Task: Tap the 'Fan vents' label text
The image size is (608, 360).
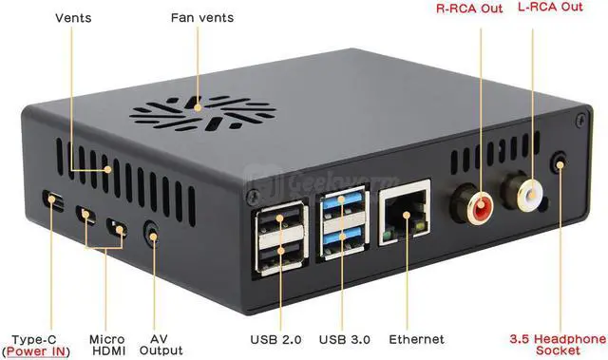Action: [201, 18]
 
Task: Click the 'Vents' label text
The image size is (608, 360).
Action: [73, 18]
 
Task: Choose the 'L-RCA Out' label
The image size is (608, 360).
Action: [550, 8]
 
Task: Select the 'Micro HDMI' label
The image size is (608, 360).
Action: [106, 345]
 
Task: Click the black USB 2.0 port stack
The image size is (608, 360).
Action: [280, 240]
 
